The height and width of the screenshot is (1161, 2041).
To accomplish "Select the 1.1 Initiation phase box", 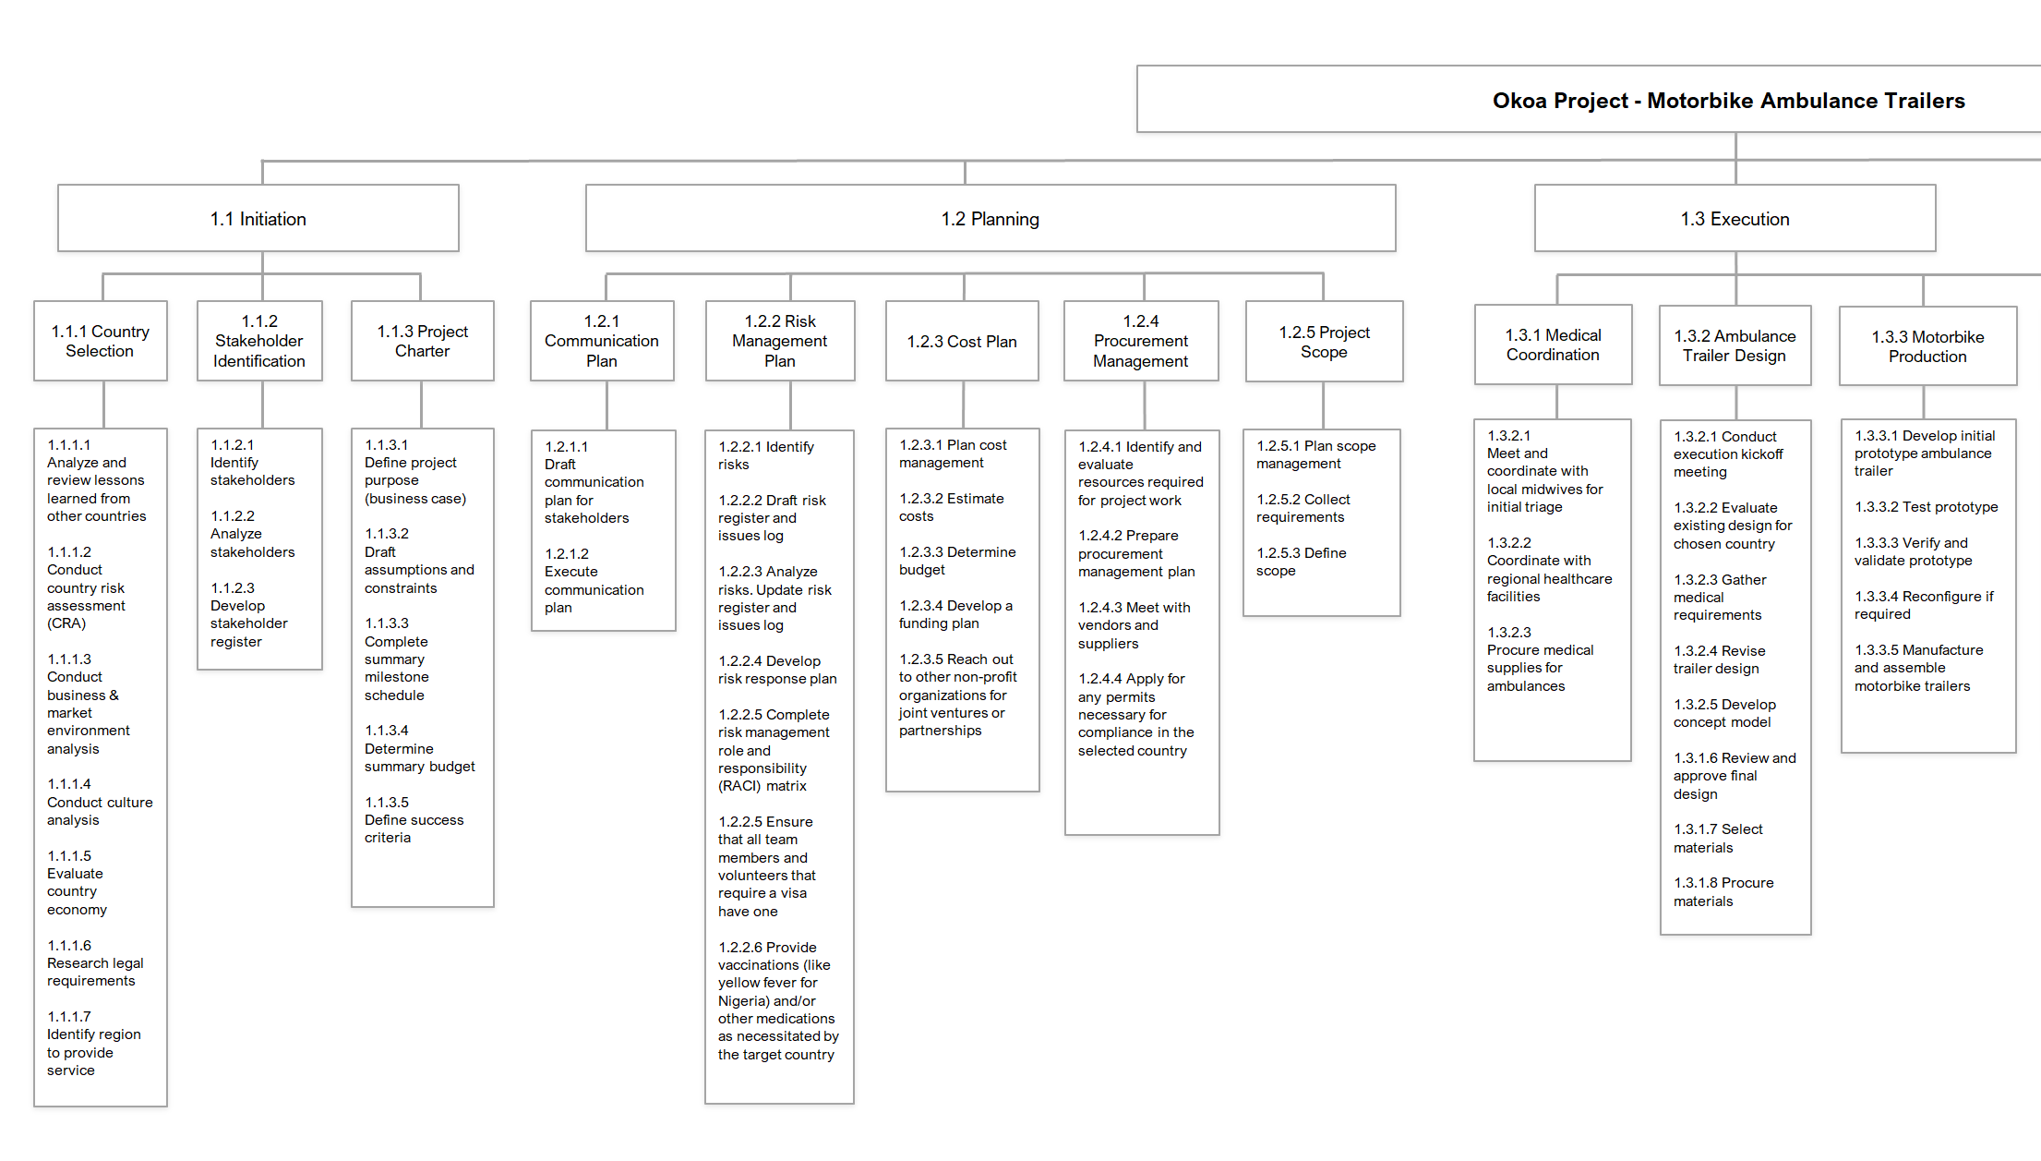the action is (258, 218).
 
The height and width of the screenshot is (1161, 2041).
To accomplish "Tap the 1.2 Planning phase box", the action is (990, 218).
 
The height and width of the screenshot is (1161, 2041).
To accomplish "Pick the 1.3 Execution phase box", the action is (1735, 218).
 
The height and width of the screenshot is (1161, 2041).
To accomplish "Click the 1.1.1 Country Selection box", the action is (101, 341).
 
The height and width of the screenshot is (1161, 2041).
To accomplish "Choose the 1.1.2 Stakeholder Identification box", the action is (259, 341).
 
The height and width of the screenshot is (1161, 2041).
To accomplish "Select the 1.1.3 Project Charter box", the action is (423, 341).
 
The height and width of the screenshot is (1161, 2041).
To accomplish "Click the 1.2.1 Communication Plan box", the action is (602, 341).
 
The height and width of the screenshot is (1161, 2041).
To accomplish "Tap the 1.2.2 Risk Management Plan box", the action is (780, 341).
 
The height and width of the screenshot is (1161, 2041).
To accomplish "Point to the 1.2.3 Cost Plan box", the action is (962, 341).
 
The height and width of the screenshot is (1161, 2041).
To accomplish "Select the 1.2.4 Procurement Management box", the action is (1141, 341).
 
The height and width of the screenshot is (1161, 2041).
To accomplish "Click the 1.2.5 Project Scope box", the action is (1325, 341).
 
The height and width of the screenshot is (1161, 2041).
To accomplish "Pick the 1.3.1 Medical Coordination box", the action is (1554, 345).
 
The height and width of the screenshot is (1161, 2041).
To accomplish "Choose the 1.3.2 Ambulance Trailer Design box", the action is (1735, 345).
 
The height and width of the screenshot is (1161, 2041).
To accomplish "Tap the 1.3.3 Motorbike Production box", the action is (1928, 346).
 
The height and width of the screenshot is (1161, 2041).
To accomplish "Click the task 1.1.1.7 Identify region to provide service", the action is (94, 1043).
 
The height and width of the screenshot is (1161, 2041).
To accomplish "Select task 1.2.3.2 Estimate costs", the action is (952, 507).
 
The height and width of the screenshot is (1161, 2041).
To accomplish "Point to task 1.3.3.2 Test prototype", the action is (1927, 507).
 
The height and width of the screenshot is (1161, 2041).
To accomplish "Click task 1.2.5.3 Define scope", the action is (1302, 562).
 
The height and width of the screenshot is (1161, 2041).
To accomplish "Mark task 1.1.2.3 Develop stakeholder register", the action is (249, 614).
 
